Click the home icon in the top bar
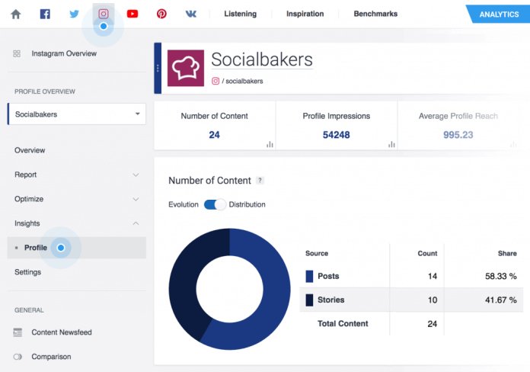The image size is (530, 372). pyautogui.click(x=15, y=14)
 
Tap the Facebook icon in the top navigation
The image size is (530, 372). pyautogui.click(x=45, y=14)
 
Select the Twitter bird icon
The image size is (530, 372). pyautogui.click(x=74, y=14)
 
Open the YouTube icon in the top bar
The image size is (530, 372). pyautogui.click(x=132, y=14)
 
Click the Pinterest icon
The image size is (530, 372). pyautogui.click(x=161, y=14)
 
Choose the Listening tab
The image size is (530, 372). pyautogui.click(x=240, y=14)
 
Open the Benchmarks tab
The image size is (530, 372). pyautogui.click(x=375, y=14)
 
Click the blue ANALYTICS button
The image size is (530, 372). pyautogui.click(x=498, y=14)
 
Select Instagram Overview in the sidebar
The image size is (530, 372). pyautogui.click(x=64, y=53)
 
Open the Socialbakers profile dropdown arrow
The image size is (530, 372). pyautogui.click(x=137, y=114)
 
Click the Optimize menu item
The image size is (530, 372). pyautogui.click(x=29, y=199)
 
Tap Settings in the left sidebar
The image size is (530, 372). pyautogui.click(x=28, y=272)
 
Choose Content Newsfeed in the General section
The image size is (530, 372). pyautogui.click(x=62, y=332)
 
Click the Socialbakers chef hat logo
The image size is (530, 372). pyautogui.click(x=185, y=69)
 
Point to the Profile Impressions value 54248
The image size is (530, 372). pyautogui.click(x=336, y=135)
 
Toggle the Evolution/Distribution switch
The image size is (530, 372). pyautogui.click(x=215, y=204)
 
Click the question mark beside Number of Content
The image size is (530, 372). pyautogui.click(x=260, y=181)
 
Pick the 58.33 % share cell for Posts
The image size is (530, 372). pyautogui.click(x=502, y=276)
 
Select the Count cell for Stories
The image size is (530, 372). pyautogui.click(x=432, y=300)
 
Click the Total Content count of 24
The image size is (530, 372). pyautogui.click(x=432, y=323)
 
